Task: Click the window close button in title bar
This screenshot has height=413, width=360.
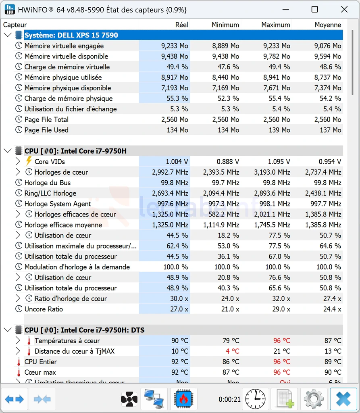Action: [344, 10]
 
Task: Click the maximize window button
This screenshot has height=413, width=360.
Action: [315, 10]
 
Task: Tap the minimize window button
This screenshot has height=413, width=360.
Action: [286, 10]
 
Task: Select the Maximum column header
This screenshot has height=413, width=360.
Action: [276, 25]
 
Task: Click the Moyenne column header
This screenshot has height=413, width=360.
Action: [328, 25]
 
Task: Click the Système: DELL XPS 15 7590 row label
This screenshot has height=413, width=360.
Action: [71, 35]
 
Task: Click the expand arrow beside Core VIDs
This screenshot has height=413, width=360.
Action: [18, 161]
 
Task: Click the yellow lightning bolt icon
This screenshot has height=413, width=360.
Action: [29, 161]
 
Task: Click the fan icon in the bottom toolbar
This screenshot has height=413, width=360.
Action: [129, 399]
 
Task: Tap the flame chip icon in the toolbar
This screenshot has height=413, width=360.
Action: [183, 399]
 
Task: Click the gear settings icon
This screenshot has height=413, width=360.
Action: [313, 399]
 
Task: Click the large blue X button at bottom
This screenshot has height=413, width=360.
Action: [343, 399]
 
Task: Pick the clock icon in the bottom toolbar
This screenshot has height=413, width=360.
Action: [255, 399]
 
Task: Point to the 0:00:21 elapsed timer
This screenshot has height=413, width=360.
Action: [229, 399]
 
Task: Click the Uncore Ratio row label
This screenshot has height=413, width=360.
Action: [44, 309]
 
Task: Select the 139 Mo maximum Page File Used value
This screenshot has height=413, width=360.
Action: [279, 130]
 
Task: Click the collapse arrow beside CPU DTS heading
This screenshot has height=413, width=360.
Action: [8, 330]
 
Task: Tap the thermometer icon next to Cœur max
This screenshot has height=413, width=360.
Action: [19, 372]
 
